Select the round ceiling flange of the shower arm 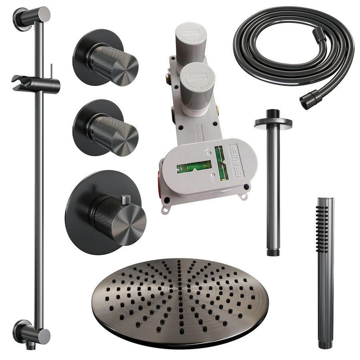click(273, 122)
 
